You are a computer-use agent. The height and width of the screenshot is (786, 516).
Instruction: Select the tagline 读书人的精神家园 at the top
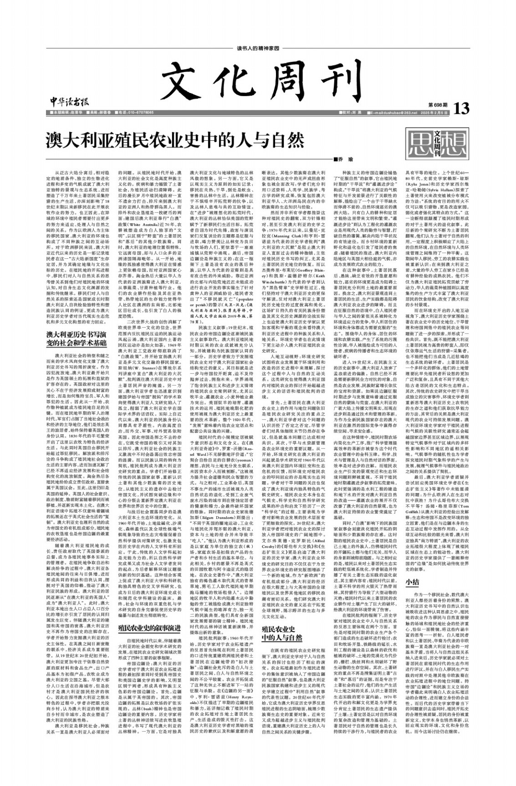click(258, 48)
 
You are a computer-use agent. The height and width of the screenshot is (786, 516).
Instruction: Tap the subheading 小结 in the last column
click(412, 581)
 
